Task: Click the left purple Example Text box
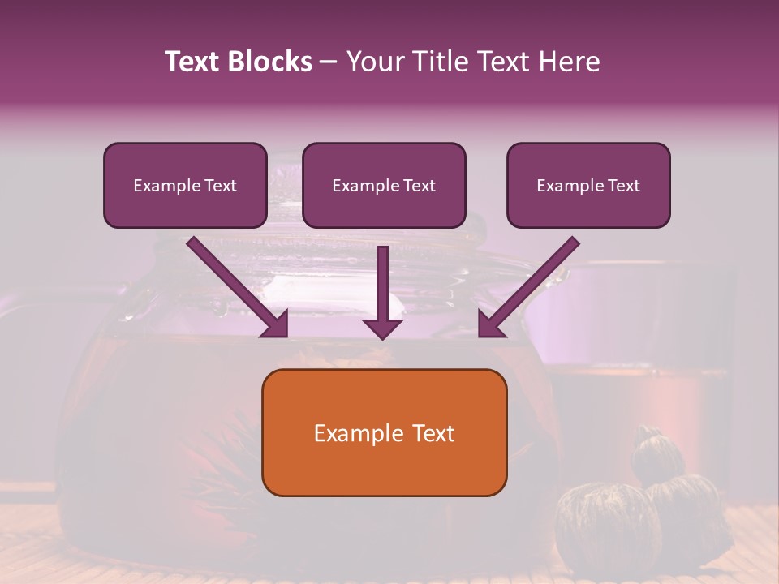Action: tap(185, 185)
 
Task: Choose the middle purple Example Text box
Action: tap(384, 185)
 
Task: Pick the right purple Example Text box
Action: tap(588, 185)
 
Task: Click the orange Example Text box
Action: tap(384, 432)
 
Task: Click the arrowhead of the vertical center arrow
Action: tap(383, 328)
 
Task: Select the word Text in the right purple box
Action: tap(623, 186)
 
